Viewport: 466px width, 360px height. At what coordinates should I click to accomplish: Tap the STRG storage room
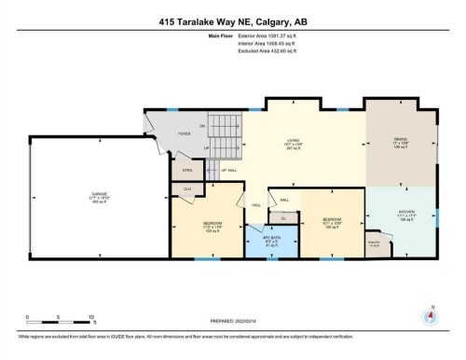[x=185, y=170]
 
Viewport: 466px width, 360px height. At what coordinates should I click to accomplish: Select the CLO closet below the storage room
[x=186, y=188]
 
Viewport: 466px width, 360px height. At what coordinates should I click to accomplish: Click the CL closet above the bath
[x=283, y=217]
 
